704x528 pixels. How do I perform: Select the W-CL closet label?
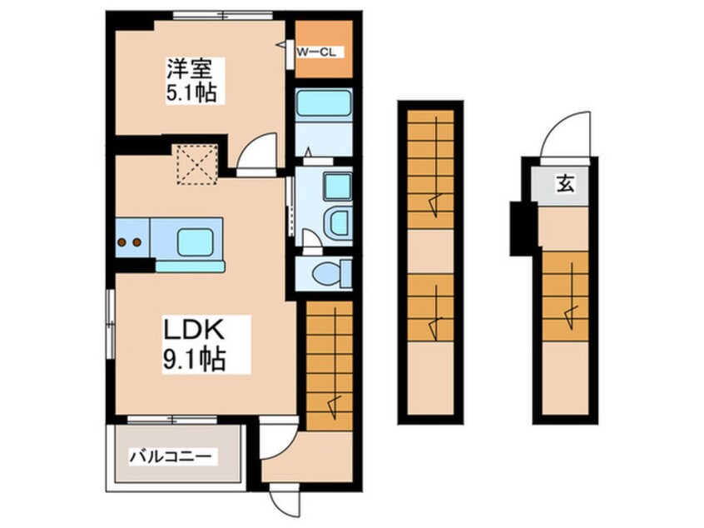pyautogui.click(x=318, y=50)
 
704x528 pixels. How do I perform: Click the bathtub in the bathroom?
pyautogui.click(x=324, y=107)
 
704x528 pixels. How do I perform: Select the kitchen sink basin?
pyautogui.click(x=199, y=241)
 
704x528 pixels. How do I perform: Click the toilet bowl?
pyautogui.click(x=328, y=273)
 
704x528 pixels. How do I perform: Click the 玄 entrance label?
pyautogui.click(x=565, y=185)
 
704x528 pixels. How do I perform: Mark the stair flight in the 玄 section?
pyautogui.click(x=565, y=296)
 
